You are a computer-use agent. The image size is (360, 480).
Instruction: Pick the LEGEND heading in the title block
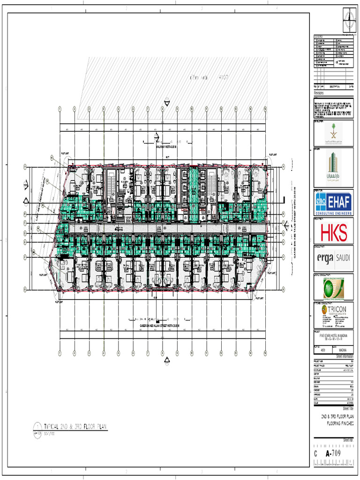coord(319,37)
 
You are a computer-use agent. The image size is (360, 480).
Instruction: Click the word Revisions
coord(319,93)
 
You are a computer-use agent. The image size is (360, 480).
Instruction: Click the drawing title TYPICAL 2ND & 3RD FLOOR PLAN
coord(75,427)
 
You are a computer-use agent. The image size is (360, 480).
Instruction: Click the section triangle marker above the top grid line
coord(167,101)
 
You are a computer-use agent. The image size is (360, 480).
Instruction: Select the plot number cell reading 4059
coord(323,350)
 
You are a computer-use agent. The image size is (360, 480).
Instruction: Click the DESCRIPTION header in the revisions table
coord(335,87)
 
